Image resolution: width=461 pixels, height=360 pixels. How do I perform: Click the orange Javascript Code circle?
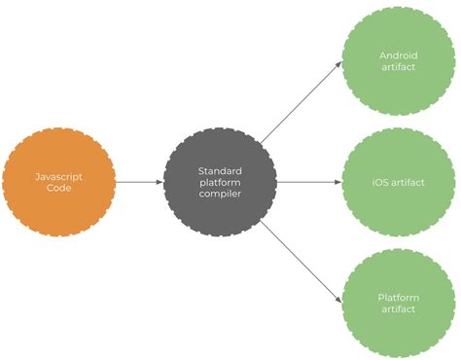coord(58,182)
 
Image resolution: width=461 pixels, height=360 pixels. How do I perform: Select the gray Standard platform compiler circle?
coord(221,182)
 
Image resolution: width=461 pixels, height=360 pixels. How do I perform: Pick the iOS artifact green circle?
coord(399,182)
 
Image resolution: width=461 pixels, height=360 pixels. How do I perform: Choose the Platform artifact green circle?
coord(399,303)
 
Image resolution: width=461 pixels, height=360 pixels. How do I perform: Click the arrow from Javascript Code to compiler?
coord(138,182)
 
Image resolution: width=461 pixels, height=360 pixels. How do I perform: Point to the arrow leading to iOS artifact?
coord(309,182)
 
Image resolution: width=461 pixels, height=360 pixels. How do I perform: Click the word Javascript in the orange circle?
coord(58,176)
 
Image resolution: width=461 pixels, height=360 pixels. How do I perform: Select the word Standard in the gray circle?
coord(221,169)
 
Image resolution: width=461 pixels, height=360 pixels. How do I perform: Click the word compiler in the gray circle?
coord(221,195)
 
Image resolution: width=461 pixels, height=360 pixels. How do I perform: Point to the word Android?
coord(399,54)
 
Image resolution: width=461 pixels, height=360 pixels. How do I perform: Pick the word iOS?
coord(381,182)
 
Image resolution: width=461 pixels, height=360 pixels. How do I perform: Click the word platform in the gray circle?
coord(221,182)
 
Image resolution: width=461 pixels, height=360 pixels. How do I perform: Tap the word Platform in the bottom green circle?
coord(399,297)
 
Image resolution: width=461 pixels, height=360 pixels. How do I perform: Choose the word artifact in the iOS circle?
coord(408,182)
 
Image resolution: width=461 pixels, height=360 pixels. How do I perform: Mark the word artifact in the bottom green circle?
coord(399,309)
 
